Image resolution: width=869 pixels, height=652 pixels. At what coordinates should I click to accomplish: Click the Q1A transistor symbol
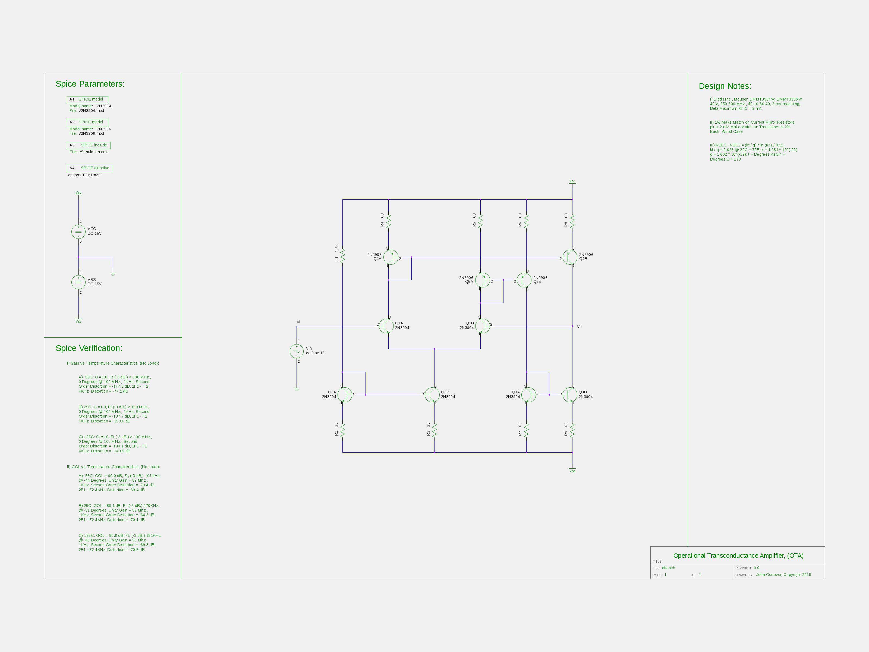386,326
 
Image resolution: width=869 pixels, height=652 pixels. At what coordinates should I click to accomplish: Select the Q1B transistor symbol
482,326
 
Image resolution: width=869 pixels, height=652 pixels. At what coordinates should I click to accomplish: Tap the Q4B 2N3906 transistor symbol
570,257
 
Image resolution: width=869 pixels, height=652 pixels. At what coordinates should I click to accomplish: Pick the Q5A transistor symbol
482,280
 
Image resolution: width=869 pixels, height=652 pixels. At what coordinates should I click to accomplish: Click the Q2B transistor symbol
432,394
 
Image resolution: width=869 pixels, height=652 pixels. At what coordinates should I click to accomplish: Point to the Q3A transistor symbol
528,394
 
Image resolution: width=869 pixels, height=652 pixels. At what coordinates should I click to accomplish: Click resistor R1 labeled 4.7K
342,255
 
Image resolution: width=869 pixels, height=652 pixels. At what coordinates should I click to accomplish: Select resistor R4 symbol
389,221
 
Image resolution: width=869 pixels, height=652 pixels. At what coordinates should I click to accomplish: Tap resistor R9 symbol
572,430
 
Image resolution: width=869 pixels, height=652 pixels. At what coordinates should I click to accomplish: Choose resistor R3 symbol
434,430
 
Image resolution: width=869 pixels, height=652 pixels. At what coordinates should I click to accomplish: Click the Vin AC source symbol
297,351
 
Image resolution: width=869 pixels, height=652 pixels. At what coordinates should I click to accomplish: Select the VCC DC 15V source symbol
78,231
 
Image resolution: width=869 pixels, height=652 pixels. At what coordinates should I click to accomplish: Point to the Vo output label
579,327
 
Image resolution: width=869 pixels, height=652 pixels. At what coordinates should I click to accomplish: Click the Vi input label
298,322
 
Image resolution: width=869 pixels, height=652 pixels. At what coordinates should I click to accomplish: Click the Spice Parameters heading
90,84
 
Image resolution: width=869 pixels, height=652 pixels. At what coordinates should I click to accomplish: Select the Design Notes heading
725,86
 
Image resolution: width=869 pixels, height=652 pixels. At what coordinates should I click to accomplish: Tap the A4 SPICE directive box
90,168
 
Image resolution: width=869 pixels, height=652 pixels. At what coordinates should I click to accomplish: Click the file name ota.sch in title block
668,568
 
